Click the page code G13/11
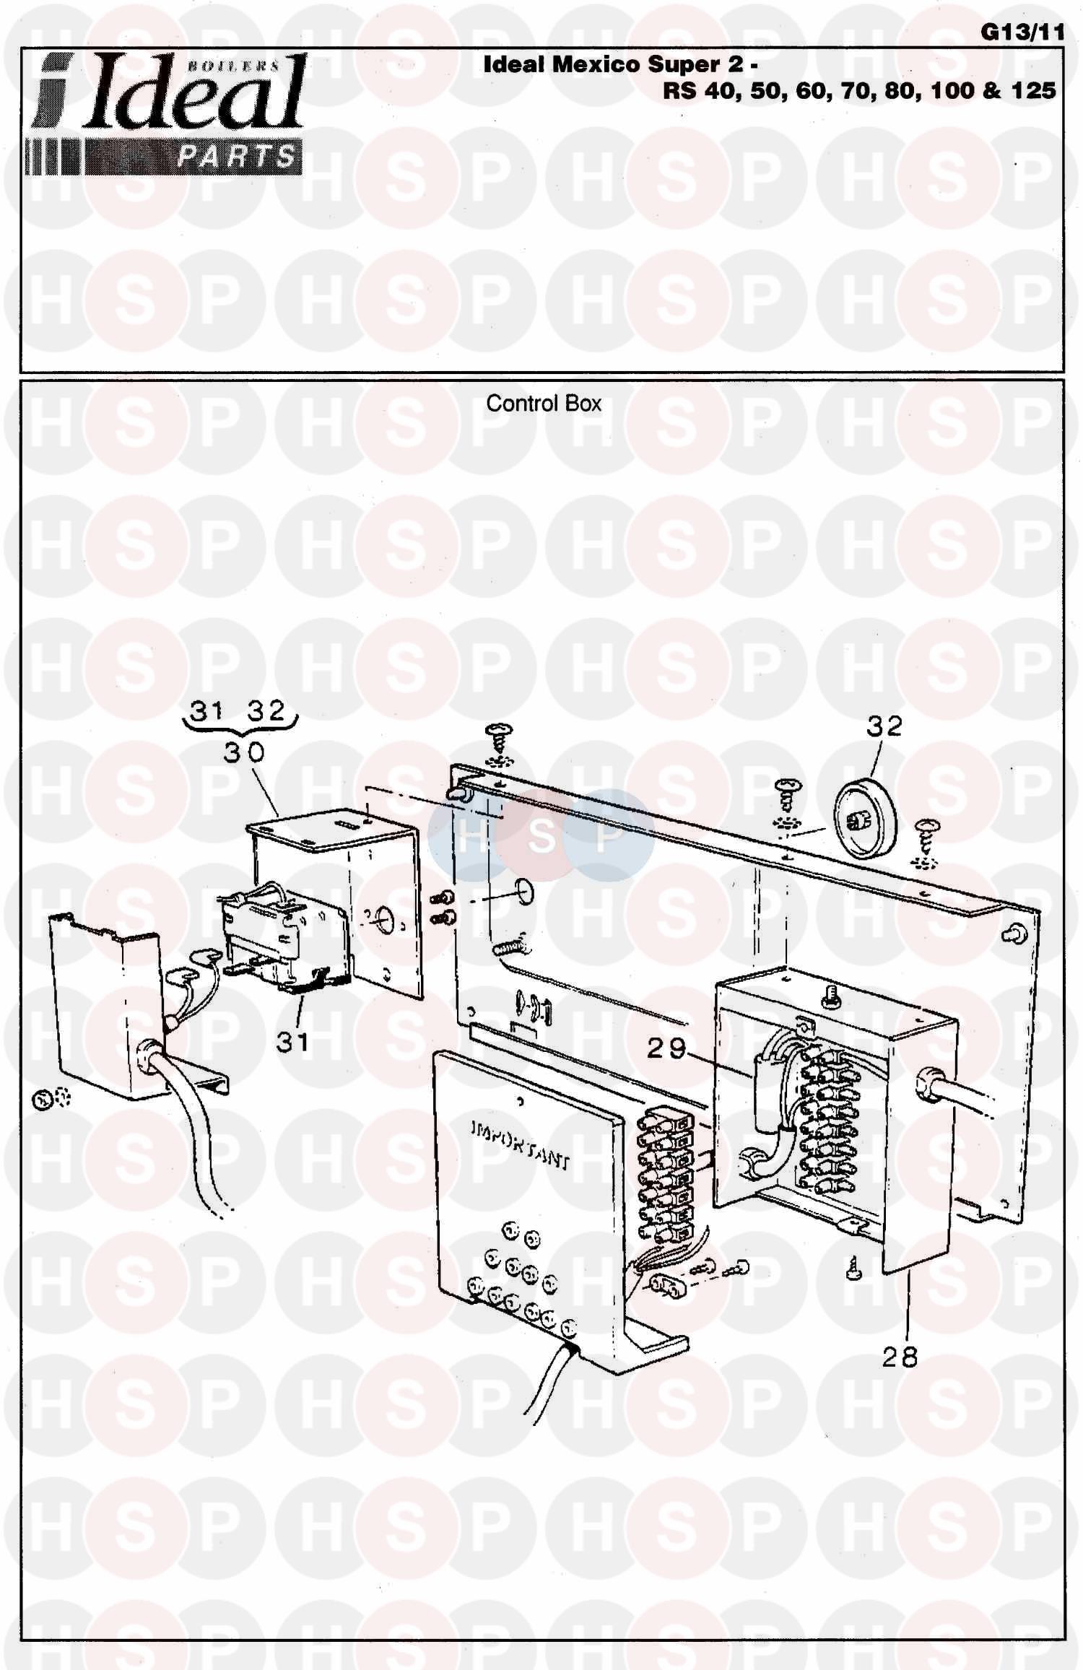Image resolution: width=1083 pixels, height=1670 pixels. [x=1022, y=33]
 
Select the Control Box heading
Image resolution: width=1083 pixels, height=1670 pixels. [x=543, y=404]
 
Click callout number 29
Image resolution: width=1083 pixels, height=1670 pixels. [x=666, y=1048]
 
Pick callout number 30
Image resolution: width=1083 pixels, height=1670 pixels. [x=244, y=752]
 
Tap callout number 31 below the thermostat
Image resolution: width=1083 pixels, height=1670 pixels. [x=292, y=1041]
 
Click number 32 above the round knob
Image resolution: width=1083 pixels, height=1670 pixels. [x=884, y=726]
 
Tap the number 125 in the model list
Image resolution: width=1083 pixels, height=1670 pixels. [x=1032, y=91]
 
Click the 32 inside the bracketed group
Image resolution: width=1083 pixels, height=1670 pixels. [x=266, y=711]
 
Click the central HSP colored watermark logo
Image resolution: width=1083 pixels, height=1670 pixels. [x=541, y=835]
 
